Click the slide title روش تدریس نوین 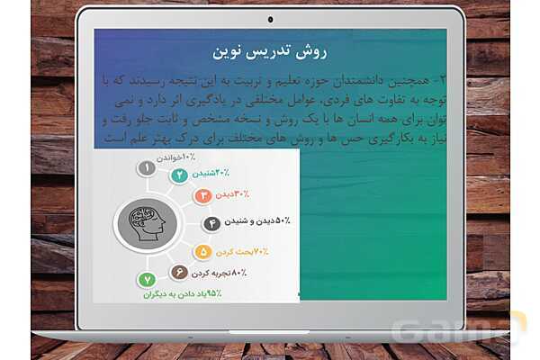pyautogui.click(x=269, y=49)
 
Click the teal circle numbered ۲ pyautogui.click(x=180, y=175)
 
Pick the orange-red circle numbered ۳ pyautogui.click(x=203, y=195)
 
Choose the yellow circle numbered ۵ pyautogui.click(x=203, y=252)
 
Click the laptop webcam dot pyautogui.click(x=270, y=19)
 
